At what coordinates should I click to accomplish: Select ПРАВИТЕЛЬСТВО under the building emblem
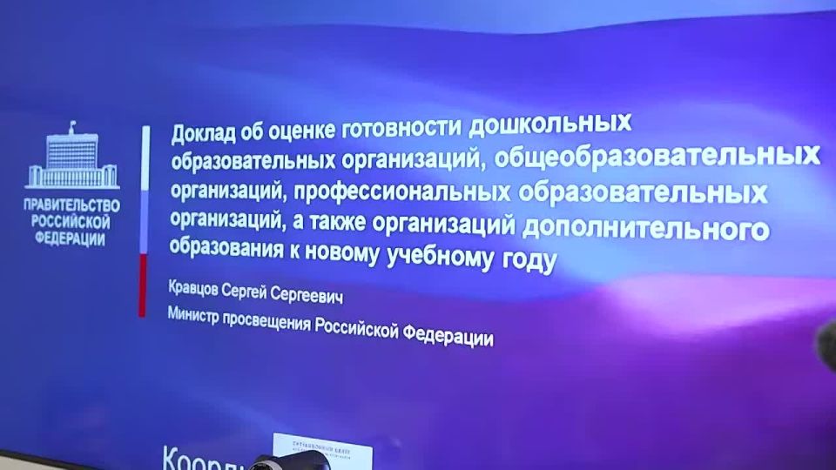tap(73, 206)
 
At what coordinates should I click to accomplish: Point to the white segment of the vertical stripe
tap(145, 157)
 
